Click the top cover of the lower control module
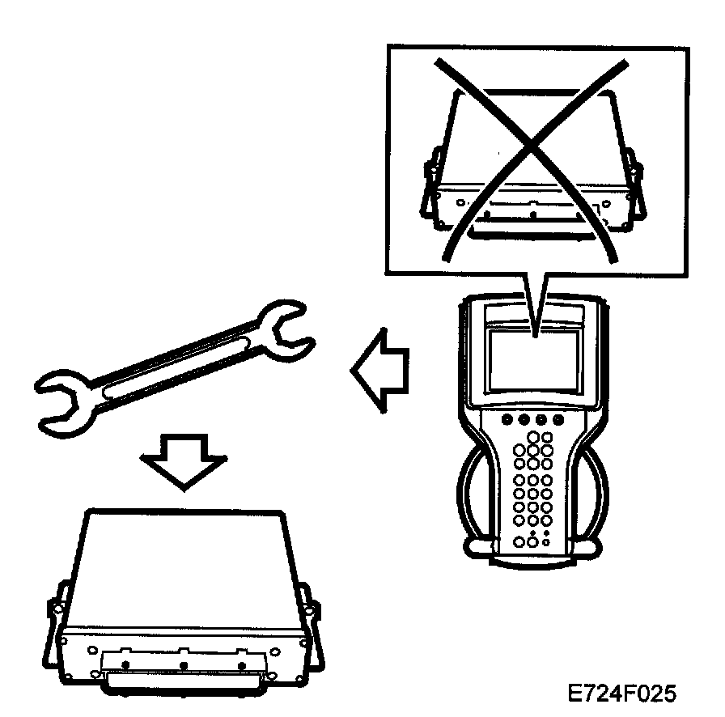click(181, 566)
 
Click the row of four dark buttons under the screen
click(533, 420)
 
